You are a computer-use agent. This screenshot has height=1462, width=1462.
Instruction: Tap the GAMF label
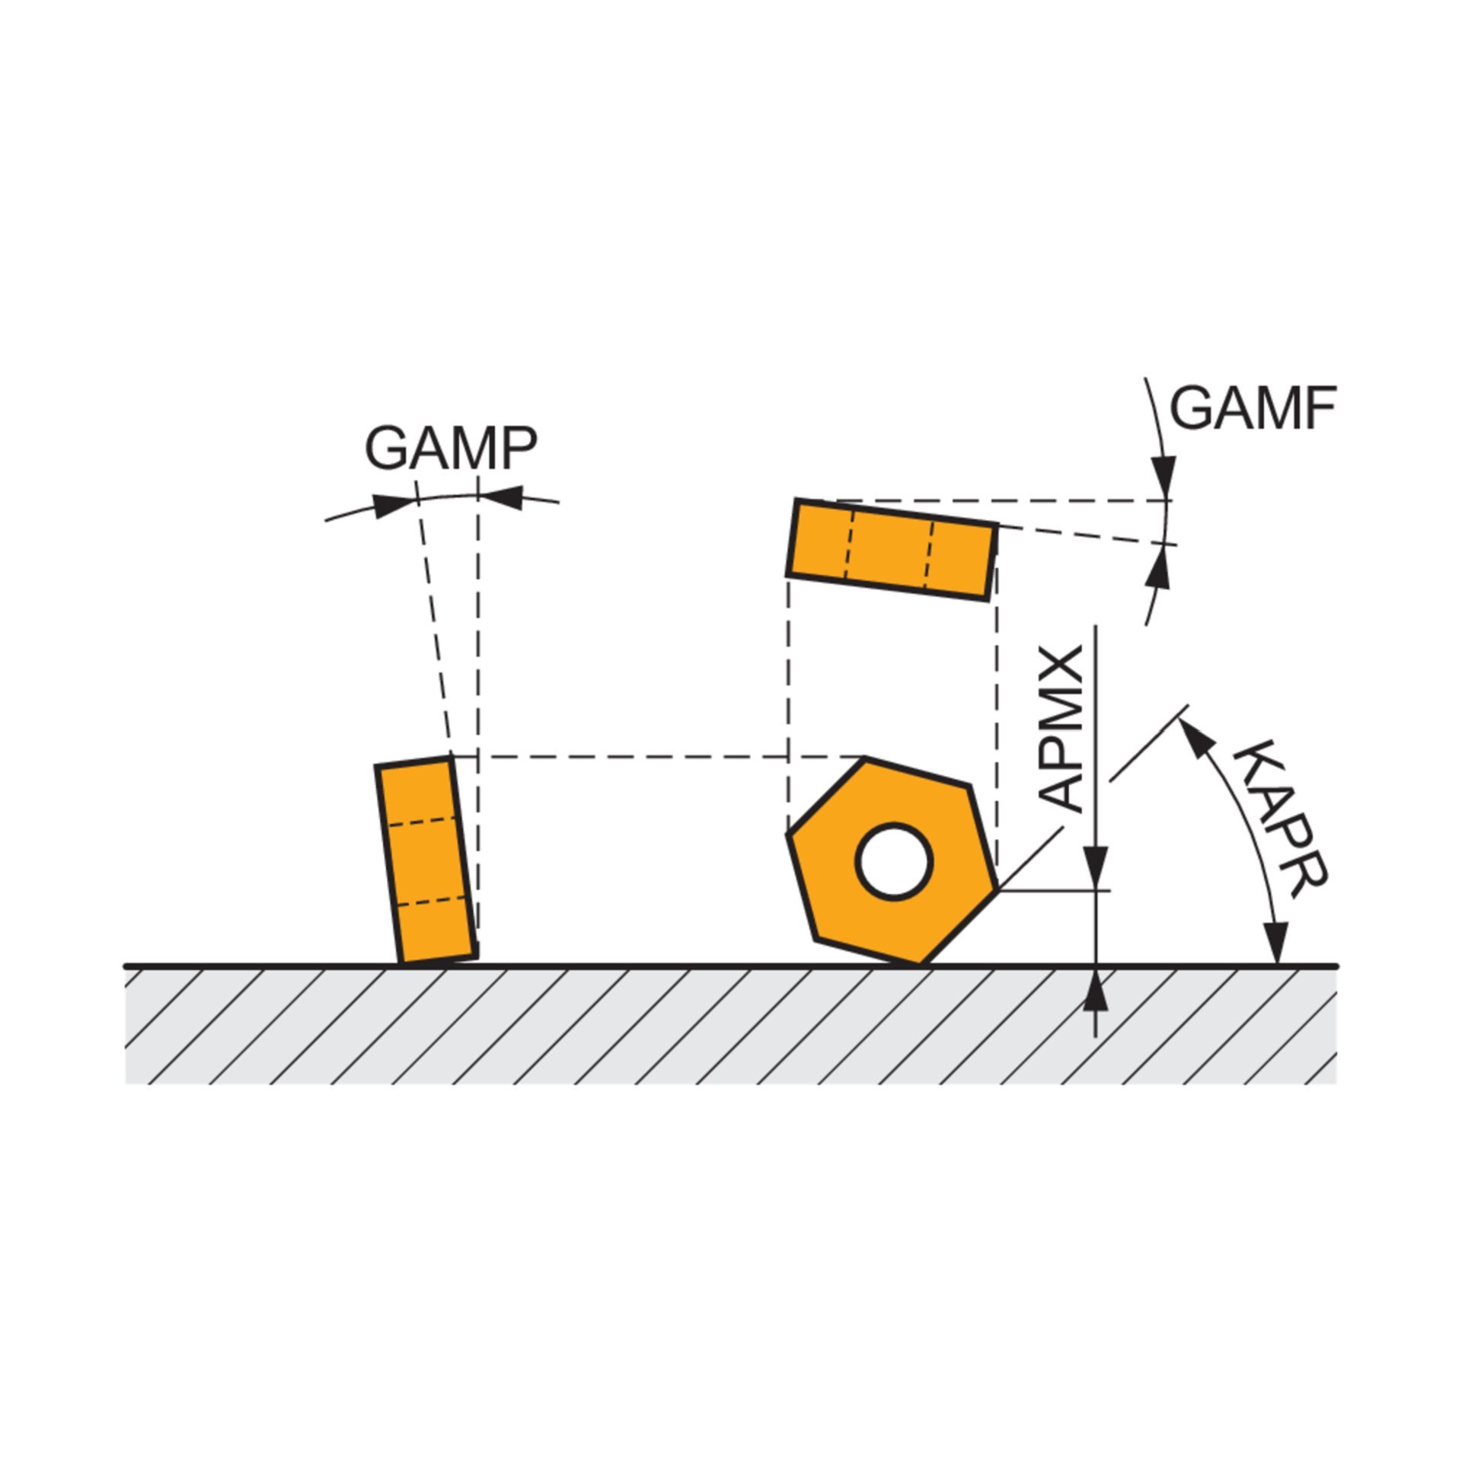1253,408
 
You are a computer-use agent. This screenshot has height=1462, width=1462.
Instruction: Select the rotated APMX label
1061,729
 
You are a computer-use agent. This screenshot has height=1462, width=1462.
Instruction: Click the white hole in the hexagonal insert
894,861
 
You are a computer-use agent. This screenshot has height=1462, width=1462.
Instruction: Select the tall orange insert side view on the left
426,860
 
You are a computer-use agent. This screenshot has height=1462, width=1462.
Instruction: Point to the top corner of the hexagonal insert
866,758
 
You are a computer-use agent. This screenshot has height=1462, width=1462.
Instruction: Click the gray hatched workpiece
731,1026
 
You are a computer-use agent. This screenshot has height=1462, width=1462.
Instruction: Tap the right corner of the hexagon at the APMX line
996,889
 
